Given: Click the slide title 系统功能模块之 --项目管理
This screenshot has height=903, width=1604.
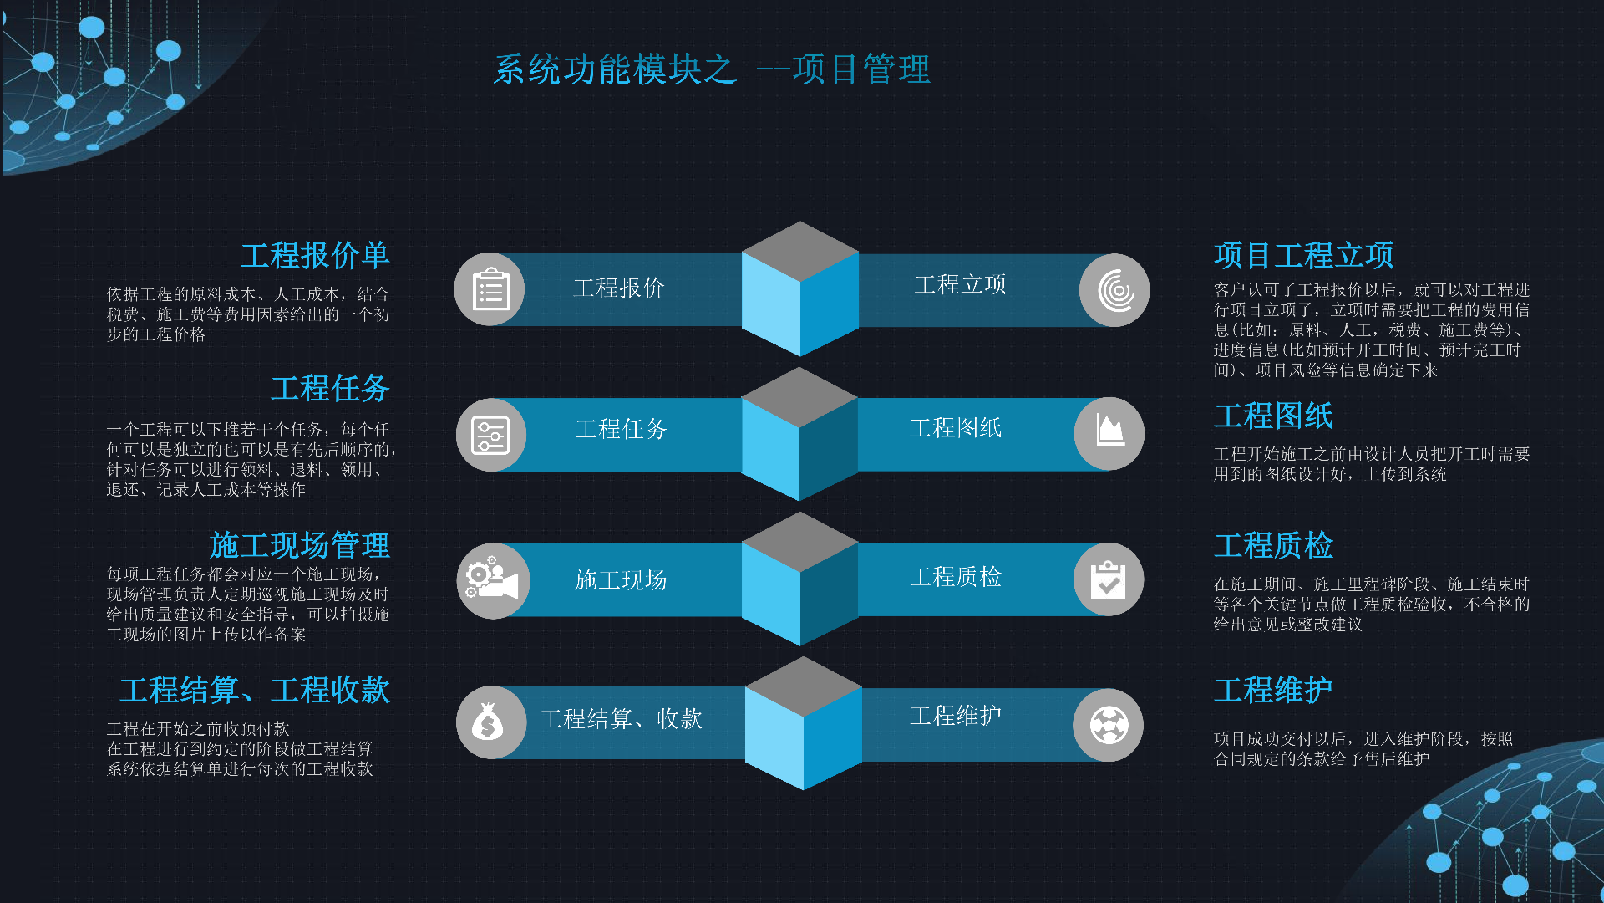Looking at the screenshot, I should [x=712, y=69].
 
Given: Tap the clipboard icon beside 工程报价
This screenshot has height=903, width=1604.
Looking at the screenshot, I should [x=490, y=290].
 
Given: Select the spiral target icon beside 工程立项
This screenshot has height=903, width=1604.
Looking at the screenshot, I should [x=1114, y=290].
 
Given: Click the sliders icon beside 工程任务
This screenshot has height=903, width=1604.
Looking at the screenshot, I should [x=490, y=435].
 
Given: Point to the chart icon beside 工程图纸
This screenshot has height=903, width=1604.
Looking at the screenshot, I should [x=1109, y=433].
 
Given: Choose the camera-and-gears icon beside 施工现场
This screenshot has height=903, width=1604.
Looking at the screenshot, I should [x=493, y=580].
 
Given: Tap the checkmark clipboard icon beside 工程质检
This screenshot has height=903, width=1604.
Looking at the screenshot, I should [x=1109, y=579].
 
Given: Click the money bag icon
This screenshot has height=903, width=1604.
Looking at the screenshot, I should [x=490, y=722].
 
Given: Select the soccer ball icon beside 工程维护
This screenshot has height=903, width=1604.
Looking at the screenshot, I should [x=1109, y=725].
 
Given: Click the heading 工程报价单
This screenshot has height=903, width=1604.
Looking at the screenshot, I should [x=315, y=256].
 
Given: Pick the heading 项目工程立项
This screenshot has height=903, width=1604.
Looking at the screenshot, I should [x=1303, y=256].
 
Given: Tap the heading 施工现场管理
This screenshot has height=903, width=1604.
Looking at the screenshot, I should [x=299, y=545].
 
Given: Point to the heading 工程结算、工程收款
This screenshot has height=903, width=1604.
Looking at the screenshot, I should [x=255, y=691].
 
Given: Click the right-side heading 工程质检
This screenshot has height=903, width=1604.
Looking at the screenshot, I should [x=1273, y=545].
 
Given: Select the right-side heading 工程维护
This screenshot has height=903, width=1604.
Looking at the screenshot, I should [x=1273, y=691].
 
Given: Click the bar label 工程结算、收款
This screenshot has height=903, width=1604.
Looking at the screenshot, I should [x=621, y=719].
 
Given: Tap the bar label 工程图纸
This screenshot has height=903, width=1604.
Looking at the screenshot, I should [x=956, y=428].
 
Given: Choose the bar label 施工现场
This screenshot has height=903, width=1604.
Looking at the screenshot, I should [x=621, y=580].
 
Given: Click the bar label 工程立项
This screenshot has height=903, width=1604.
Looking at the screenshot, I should [x=961, y=285].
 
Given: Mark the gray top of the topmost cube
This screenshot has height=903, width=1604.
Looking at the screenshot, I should [x=800, y=251].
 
